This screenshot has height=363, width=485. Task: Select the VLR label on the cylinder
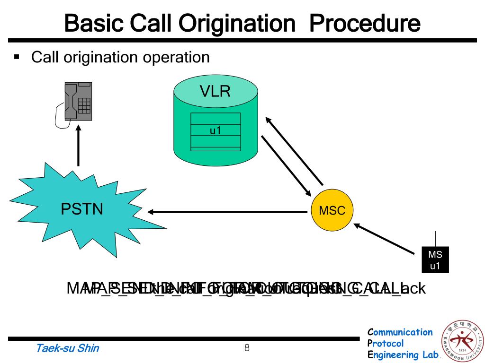215,91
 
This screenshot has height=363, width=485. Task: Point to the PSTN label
82,208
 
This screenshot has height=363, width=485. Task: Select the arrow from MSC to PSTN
227,212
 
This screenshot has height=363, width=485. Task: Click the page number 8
247,348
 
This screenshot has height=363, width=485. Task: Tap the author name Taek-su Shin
68,349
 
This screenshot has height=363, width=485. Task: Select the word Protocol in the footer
386,344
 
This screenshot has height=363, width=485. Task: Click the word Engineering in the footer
392,355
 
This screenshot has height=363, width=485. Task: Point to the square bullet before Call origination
18,58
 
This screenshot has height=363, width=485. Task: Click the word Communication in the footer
400,332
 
